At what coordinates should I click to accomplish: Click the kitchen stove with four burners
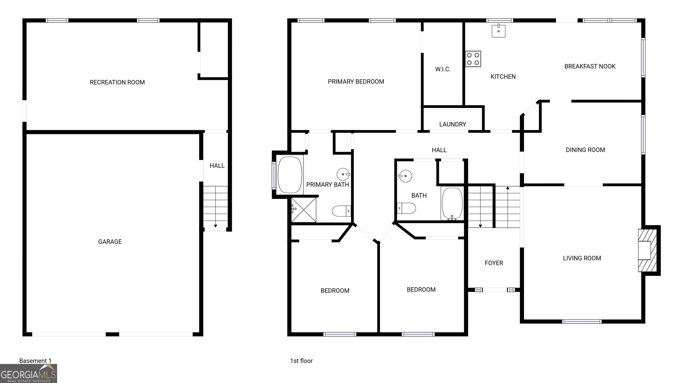click(x=473, y=59)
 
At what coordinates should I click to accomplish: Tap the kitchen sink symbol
click(x=498, y=31)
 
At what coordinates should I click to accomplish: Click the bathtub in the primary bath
click(x=290, y=175)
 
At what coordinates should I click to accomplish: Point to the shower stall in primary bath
click(x=303, y=210)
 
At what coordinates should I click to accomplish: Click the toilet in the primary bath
click(x=341, y=211)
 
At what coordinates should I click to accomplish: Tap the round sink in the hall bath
click(x=405, y=176)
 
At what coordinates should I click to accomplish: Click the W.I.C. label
click(x=443, y=69)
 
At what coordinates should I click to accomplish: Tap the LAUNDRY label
click(x=452, y=124)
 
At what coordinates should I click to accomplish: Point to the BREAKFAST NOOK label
click(x=590, y=66)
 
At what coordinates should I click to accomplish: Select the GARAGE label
click(x=110, y=242)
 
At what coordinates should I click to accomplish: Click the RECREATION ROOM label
click(x=117, y=82)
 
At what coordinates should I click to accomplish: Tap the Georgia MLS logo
click(x=29, y=373)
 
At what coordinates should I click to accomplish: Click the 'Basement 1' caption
click(x=35, y=361)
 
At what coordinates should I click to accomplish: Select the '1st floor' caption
click(x=301, y=361)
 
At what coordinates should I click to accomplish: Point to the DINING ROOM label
click(x=585, y=150)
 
